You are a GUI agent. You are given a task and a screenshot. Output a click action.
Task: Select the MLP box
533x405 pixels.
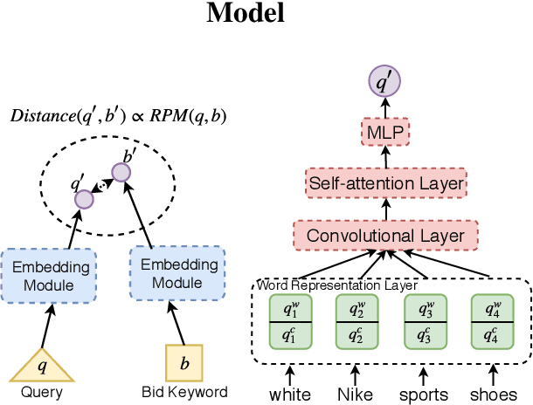tap(384, 134)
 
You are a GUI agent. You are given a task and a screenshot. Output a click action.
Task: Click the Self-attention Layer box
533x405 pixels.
tap(384, 184)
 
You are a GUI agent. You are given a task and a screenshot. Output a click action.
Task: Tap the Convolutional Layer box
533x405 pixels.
tap(384, 236)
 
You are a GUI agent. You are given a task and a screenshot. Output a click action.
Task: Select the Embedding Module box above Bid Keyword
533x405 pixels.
tap(177, 273)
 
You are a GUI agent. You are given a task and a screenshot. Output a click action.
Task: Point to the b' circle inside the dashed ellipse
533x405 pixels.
tap(121, 172)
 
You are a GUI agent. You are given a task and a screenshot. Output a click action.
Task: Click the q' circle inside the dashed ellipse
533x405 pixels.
tap(83, 199)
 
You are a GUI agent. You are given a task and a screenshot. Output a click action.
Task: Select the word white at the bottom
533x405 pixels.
tap(290, 394)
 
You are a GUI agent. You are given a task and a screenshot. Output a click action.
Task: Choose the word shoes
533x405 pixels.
tap(493, 394)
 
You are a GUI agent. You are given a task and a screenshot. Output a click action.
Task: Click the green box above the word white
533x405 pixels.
tap(290, 320)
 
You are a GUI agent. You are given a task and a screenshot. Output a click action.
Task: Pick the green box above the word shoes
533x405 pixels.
tap(493, 320)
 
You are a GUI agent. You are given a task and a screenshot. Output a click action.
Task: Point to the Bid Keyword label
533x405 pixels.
tap(184, 392)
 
